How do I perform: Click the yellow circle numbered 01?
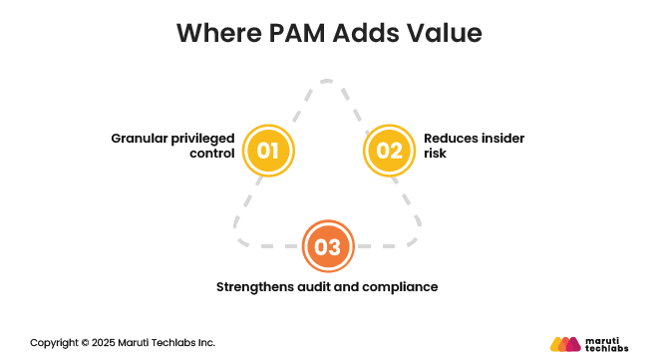268,151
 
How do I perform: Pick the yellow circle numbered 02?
389,151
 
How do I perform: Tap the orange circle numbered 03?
328,245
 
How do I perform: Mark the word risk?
436,155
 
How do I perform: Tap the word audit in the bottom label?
324,287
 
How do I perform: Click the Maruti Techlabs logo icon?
565,343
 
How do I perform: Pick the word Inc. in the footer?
204,342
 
